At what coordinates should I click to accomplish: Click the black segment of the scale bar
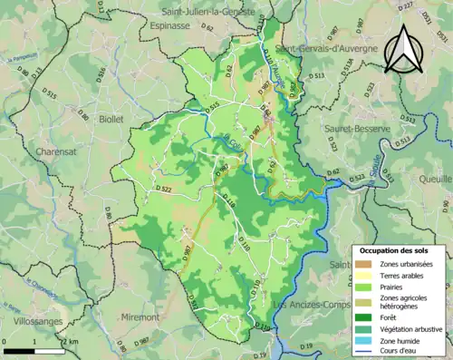click(x=18, y=350)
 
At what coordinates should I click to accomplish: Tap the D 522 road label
click(x=164, y=189)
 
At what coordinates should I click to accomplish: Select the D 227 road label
click(x=431, y=7)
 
